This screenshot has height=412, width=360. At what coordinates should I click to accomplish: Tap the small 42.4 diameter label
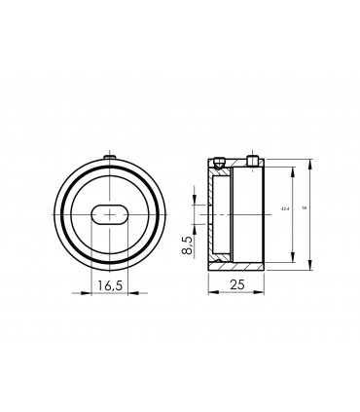point(284,209)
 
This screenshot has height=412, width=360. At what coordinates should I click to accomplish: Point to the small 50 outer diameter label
point(305,209)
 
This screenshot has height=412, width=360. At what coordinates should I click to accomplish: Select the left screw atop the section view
point(221,160)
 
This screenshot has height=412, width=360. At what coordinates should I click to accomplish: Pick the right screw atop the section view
point(252,160)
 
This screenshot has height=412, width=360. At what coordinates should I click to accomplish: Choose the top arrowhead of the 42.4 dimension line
point(290,168)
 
